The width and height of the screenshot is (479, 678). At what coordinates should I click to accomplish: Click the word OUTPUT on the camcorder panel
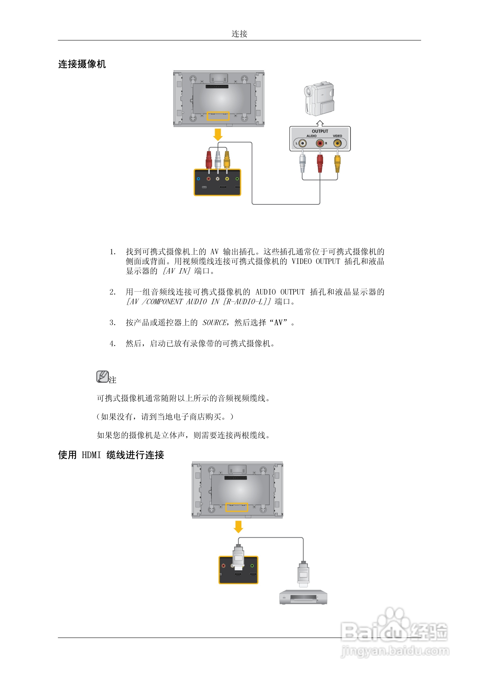[x=320, y=131]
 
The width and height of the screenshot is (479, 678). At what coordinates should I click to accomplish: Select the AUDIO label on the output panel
[x=311, y=136]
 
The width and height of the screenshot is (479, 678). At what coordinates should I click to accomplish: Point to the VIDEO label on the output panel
[x=337, y=136]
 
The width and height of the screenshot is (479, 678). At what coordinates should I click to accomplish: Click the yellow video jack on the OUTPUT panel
[x=337, y=144]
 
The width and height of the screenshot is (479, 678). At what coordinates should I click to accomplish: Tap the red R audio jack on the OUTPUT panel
[x=320, y=144]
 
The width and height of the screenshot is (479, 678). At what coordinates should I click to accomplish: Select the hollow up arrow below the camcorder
[x=320, y=123]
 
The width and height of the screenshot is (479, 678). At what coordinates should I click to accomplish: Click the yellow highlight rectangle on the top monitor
[x=218, y=116]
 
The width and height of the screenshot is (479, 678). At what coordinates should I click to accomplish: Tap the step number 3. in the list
[x=112, y=322]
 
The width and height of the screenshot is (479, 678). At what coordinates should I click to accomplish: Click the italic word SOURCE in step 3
[x=214, y=322]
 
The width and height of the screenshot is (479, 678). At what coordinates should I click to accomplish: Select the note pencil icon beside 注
[x=102, y=377]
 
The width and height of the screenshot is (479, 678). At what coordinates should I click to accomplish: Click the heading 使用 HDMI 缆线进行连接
[x=111, y=455]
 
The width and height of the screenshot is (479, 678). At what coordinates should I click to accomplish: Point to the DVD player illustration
[x=303, y=597]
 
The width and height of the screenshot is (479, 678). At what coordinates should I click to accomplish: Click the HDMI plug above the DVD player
[x=303, y=574]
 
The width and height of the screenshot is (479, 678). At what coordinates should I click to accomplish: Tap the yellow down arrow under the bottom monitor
[x=238, y=526]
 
